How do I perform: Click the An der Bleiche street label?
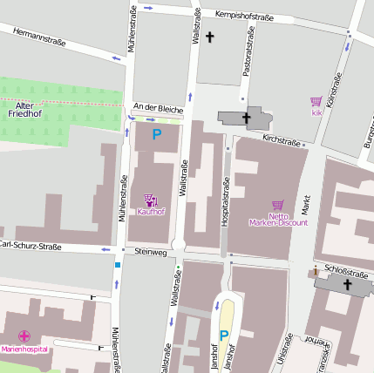tap(158, 109)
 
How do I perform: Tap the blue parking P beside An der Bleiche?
tap(157, 134)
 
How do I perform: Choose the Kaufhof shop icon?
tap(150, 200)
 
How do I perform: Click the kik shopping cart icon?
tap(316, 102)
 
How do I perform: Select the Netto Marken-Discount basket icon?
tap(278, 206)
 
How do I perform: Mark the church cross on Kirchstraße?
tap(247, 118)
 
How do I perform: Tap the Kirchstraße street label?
tap(281, 139)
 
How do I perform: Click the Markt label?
tap(306, 204)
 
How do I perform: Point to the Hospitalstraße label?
tap(225, 202)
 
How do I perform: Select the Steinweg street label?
tap(150, 252)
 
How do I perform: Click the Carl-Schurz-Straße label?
tap(31, 246)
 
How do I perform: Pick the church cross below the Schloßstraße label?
tap(346, 285)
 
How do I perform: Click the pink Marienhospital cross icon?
tap(24, 336)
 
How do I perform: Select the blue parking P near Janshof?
tap(223, 336)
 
